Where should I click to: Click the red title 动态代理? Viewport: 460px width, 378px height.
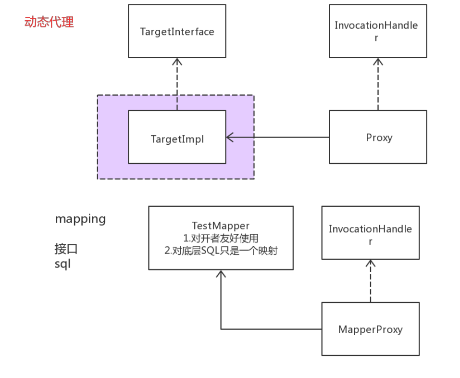pyautogui.click(x=49, y=22)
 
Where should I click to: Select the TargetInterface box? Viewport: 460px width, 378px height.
pyautogui.click(x=177, y=31)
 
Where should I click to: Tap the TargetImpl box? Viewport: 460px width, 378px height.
pyautogui.click(x=177, y=139)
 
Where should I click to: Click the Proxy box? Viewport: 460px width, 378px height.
pyautogui.click(x=378, y=137)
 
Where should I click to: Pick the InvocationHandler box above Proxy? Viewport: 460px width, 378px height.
pyautogui.click(x=378, y=31)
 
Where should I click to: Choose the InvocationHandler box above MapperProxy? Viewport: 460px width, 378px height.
pyautogui.click(x=370, y=233)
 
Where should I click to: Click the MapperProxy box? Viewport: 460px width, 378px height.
pyautogui.click(x=370, y=329)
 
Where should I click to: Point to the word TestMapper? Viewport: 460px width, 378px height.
pyautogui.click(x=221, y=226)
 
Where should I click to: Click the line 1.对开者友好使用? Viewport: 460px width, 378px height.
pyautogui.click(x=221, y=238)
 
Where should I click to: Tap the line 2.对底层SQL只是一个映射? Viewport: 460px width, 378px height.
pyautogui.click(x=221, y=251)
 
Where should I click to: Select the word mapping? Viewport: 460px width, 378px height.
pyautogui.click(x=80, y=219)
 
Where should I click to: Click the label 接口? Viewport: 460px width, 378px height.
pyautogui.click(x=66, y=249)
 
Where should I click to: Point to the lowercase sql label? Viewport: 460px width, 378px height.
pyautogui.click(x=62, y=264)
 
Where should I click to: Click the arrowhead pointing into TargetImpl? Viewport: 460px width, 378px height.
pyautogui.click(x=229, y=138)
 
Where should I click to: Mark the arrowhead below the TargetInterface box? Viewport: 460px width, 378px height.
pyautogui.click(x=177, y=61)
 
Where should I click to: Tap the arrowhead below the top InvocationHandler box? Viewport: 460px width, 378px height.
pyautogui.click(x=378, y=61)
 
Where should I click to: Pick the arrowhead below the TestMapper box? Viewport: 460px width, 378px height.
pyautogui.click(x=221, y=273)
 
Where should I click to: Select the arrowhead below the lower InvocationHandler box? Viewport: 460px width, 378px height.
pyautogui.click(x=370, y=263)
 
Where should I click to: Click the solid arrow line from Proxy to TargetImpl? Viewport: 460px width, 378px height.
pyautogui.click(x=279, y=138)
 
